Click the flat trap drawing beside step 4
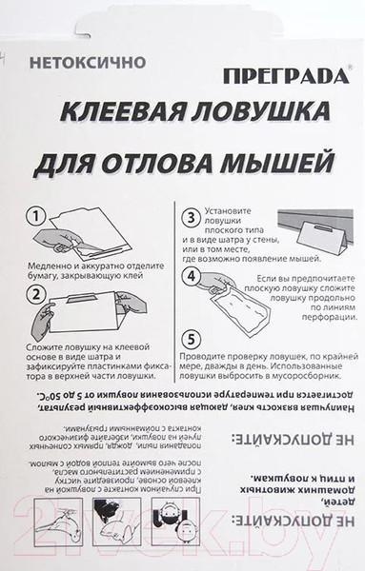pyautogui.click(x=234, y=305)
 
